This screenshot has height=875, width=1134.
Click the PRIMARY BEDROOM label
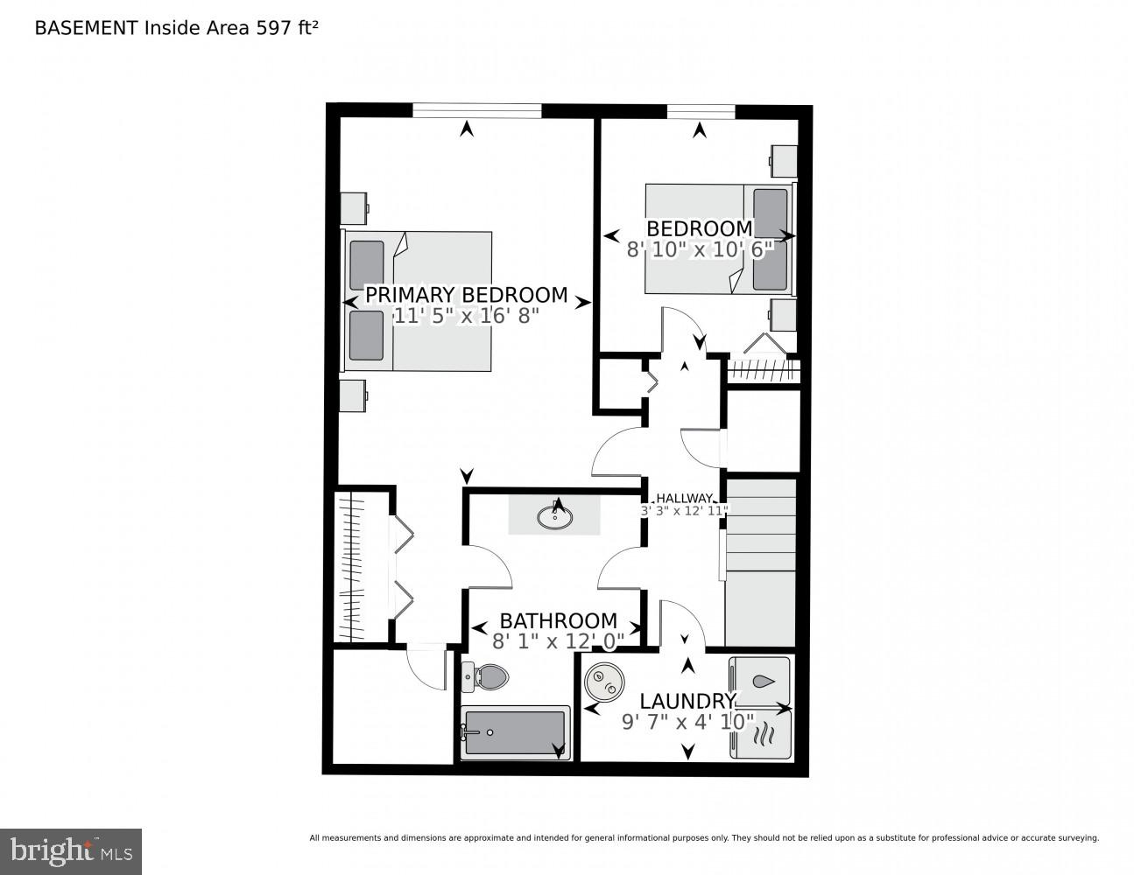(x=466, y=295)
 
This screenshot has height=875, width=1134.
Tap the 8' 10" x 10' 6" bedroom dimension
(x=701, y=249)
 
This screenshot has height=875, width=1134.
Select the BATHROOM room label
(x=558, y=620)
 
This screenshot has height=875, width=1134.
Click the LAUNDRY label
(x=687, y=701)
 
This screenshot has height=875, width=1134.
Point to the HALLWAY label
(x=684, y=498)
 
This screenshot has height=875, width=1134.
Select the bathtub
(x=515, y=732)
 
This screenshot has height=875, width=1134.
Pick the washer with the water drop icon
(x=760, y=681)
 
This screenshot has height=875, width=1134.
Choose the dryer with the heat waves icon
(x=760, y=733)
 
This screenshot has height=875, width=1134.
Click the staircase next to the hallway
(x=760, y=560)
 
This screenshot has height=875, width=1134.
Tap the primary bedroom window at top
(x=476, y=110)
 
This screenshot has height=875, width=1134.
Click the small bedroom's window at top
(x=700, y=110)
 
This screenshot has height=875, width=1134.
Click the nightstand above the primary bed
(x=354, y=208)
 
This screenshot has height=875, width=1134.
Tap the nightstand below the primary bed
(x=354, y=395)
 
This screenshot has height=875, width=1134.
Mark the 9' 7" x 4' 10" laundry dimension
(x=687, y=722)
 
